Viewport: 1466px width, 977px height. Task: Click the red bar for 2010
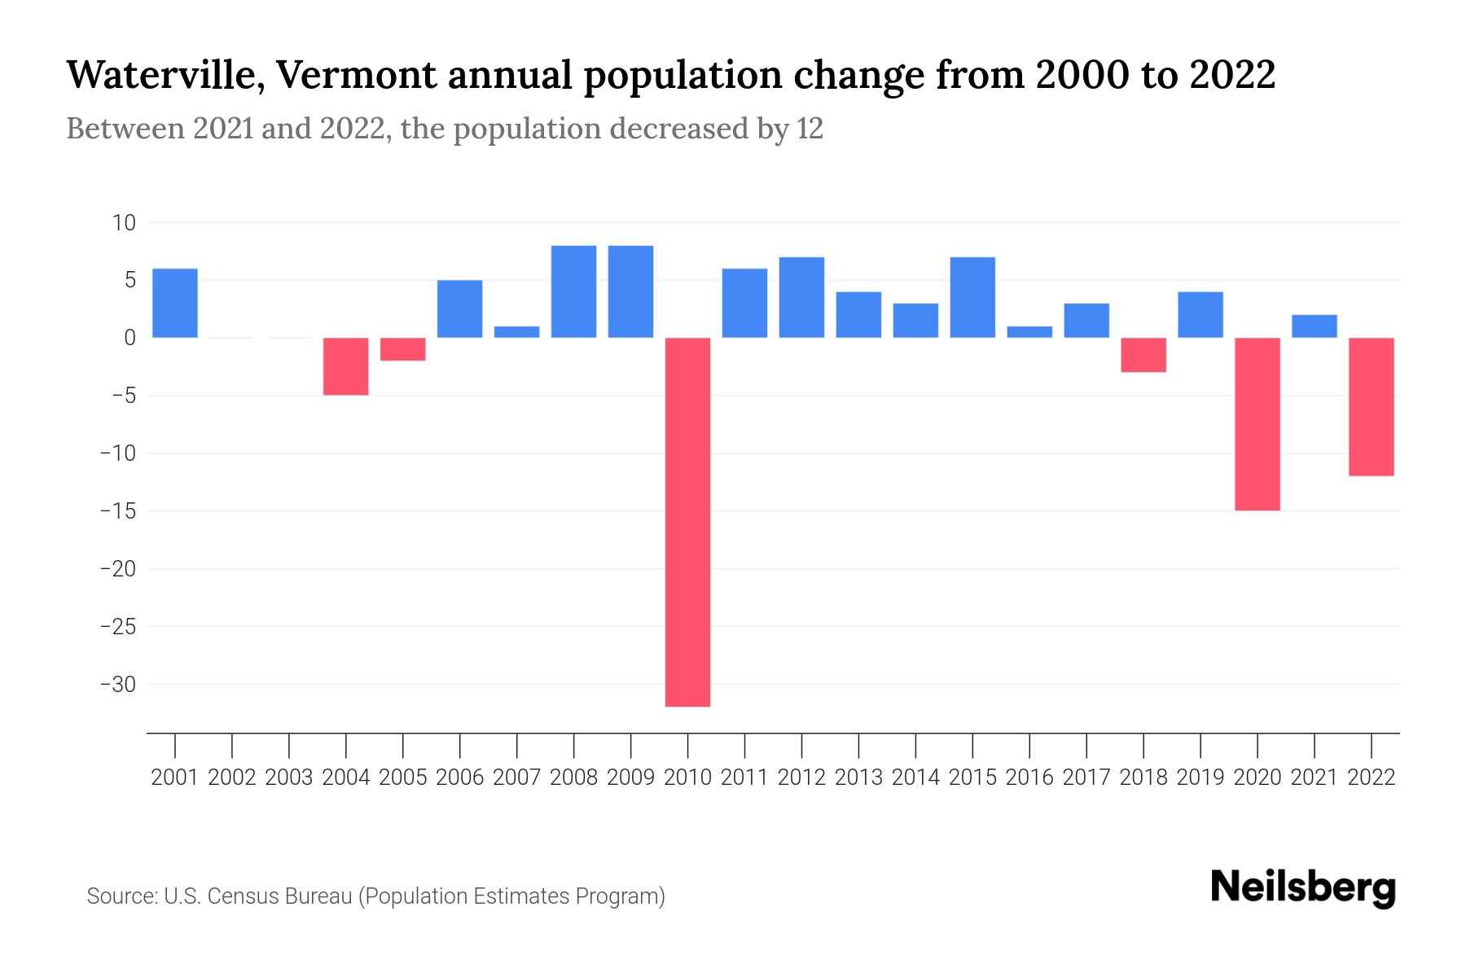pyautogui.click(x=687, y=521)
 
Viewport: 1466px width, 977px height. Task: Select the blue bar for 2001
pyautogui.click(x=175, y=303)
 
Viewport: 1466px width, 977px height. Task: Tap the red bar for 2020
pyautogui.click(x=1257, y=423)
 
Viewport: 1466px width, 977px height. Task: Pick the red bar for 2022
pyautogui.click(x=1372, y=406)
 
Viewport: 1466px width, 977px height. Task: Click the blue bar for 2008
pyautogui.click(x=573, y=291)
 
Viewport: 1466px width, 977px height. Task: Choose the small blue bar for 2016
pyautogui.click(x=1029, y=332)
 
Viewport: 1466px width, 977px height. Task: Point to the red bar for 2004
pyautogui.click(x=346, y=366)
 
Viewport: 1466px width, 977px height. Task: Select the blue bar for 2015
pyautogui.click(x=972, y=297)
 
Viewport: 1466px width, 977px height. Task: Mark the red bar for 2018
pyautogui.click(x=1143, y=355)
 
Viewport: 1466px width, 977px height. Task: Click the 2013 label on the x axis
pyautogui.click(x=858, y=778)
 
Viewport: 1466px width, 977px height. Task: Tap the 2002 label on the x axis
pyautogui.click(x=232, y=778)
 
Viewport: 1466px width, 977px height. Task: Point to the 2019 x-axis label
pyautogui.click(x=1200, y=778)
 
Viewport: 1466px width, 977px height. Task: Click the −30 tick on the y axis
pyautogui.click(x=118, y=685)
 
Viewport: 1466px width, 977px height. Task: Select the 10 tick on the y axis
pyautogui.click(x=125, y=222)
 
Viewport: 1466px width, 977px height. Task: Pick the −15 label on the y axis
pyautogui.click(x=118, y=511)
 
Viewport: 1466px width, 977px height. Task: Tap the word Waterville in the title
pyautogui.click(x=164, y=75)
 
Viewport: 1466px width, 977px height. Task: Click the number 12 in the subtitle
pyautogui.click(x=810, y=129)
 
